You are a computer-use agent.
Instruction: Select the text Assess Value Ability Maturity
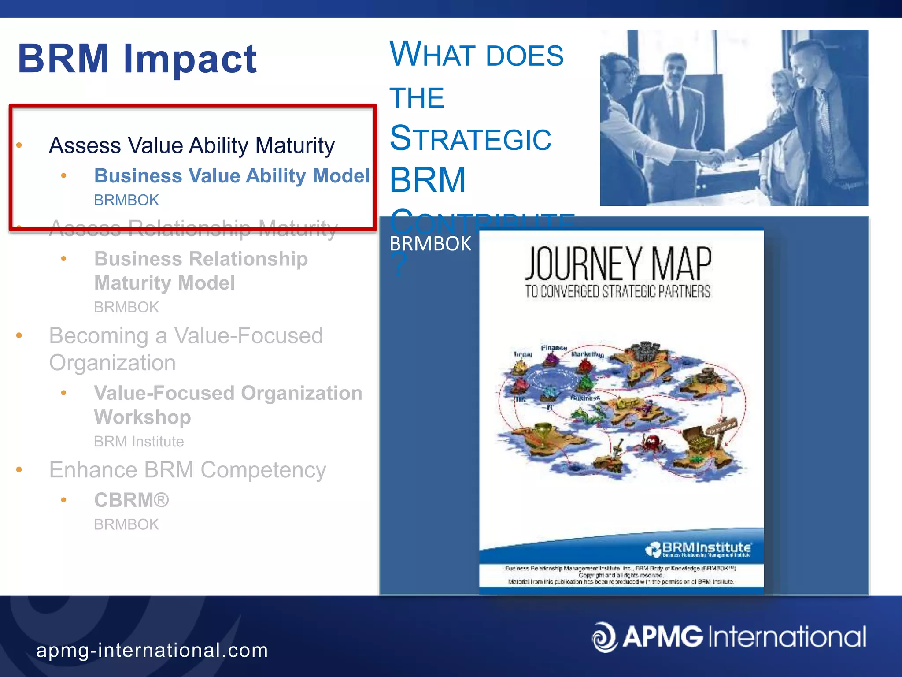click(192, 145)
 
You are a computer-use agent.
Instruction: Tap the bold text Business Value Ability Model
click(232, 176)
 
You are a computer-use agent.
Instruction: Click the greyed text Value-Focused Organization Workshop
click(228, 405)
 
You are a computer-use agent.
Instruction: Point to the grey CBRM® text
click(131, 500)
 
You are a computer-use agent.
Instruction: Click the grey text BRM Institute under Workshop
click(139, 442)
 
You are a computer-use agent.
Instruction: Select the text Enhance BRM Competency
click(188, 470)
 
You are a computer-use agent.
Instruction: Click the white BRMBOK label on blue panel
click(430, 244)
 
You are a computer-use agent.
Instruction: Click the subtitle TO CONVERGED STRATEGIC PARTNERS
click(617, 291)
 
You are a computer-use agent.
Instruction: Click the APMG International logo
click(729, 637)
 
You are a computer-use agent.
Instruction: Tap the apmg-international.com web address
click(152, 651)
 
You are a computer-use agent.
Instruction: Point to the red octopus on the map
click(651, 442)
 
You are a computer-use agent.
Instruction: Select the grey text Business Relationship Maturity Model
click(201, 271)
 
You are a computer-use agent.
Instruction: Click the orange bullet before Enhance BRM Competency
click(19, 470)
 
